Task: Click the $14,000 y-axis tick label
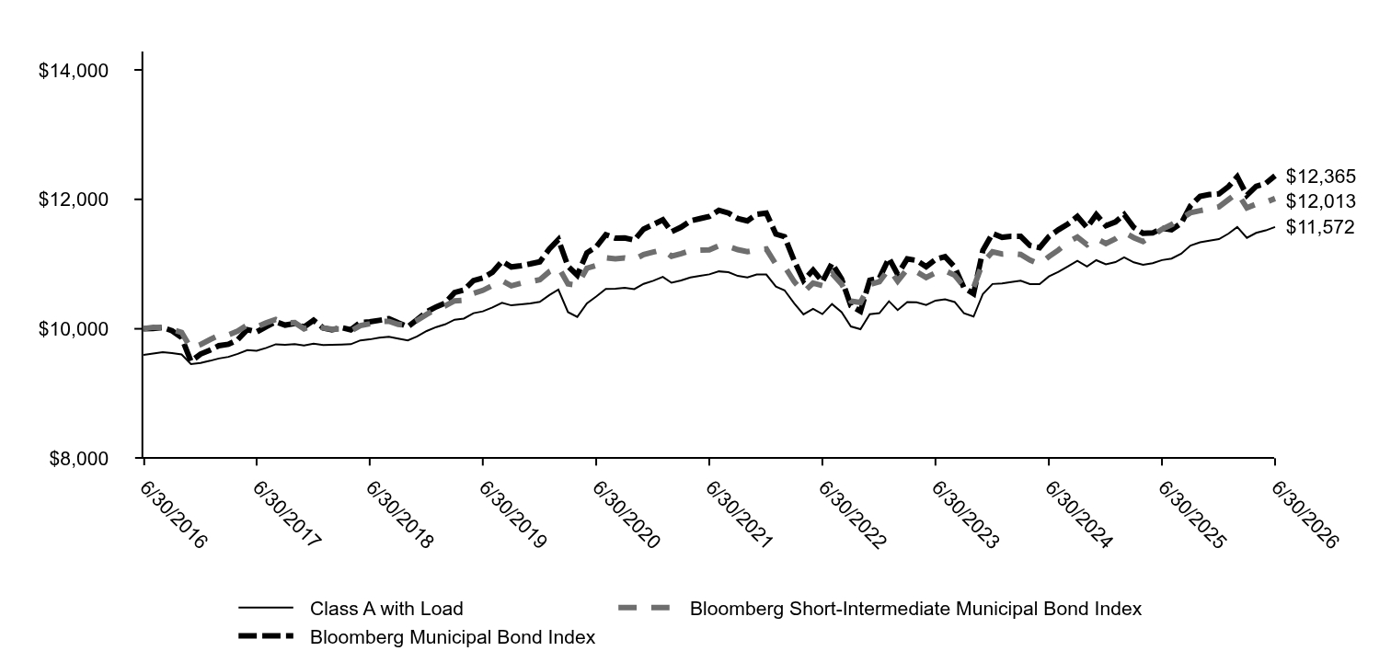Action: click(x=74, y=71)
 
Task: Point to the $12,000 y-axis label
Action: click(x=74, y=200)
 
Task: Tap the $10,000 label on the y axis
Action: click(x=74, y=329)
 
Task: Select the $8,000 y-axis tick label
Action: click(x=79, y=459)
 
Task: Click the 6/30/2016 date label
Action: click(x=173, y=515)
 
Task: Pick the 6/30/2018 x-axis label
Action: click(x=399, y=515)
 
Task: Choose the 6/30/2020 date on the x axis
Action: click(x=626, y=515)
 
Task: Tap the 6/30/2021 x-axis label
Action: click(x=739, y=515)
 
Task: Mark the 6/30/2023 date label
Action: click(x=965, y=515)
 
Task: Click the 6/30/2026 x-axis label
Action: click(x=1305, y=515)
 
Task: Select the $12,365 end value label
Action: click(x=1320, y=177)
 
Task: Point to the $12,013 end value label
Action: click(x=1320, y=201)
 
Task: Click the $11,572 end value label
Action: click(x=1319, y=228)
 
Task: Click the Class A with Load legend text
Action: click(x=386, y=609)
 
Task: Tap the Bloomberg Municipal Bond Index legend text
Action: click(x=453, y=637)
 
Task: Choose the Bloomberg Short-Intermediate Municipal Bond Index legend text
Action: click(x=915, y=609)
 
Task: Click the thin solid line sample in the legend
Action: click(x=266, y=608)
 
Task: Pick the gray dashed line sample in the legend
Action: click(x=645, y=608)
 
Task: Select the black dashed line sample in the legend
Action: click(x=266, y=636)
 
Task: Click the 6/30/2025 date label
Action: click(x=1191, y=515)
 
